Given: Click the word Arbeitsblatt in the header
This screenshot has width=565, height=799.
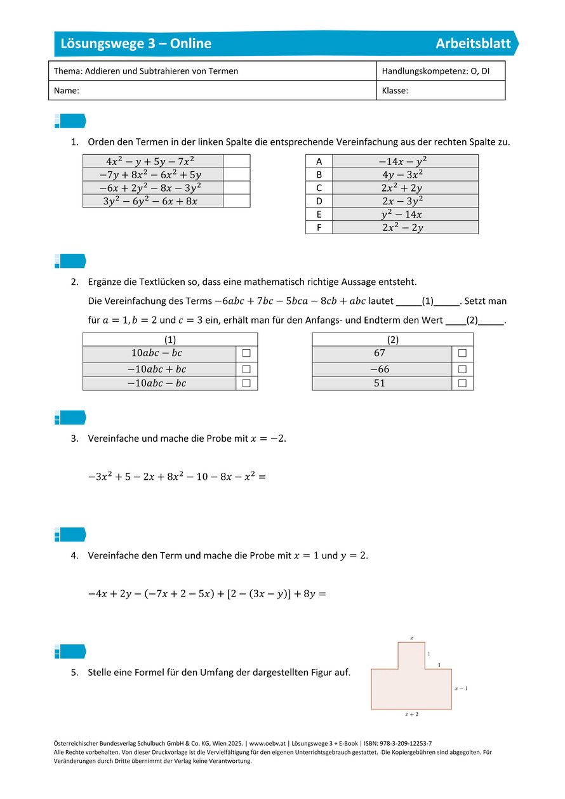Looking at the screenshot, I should coord(473,44).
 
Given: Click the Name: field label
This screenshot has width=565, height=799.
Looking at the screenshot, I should coord(67,91).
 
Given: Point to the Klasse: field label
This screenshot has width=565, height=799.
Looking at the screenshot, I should coord(395,91).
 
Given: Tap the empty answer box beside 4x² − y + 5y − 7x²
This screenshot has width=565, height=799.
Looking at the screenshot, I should coord(236,161).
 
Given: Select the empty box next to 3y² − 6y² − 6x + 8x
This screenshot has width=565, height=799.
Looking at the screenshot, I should coord(236,201).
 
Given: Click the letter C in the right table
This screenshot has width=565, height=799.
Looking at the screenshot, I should coord(319,188).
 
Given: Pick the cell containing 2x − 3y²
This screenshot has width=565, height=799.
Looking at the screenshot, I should coord(404,201).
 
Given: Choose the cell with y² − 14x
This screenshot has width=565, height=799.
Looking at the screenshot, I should coord(404,215).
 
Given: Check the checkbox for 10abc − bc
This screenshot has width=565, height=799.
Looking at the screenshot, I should coord(246,353).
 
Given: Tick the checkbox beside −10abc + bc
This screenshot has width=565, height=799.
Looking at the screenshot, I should coord(246,369).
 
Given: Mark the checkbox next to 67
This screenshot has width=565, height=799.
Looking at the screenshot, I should coord(462,353).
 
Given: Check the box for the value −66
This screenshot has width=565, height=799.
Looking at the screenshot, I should coord(462,369).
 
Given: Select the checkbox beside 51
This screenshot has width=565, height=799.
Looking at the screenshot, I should coord(462,383).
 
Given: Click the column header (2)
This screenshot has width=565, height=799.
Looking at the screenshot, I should coord(392,340).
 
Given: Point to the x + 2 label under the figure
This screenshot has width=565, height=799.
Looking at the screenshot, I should coord(411,715).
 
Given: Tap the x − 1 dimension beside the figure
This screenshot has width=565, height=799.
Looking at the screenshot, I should coord(461,688).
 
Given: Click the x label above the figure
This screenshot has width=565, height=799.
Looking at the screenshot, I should coord(411,637).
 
